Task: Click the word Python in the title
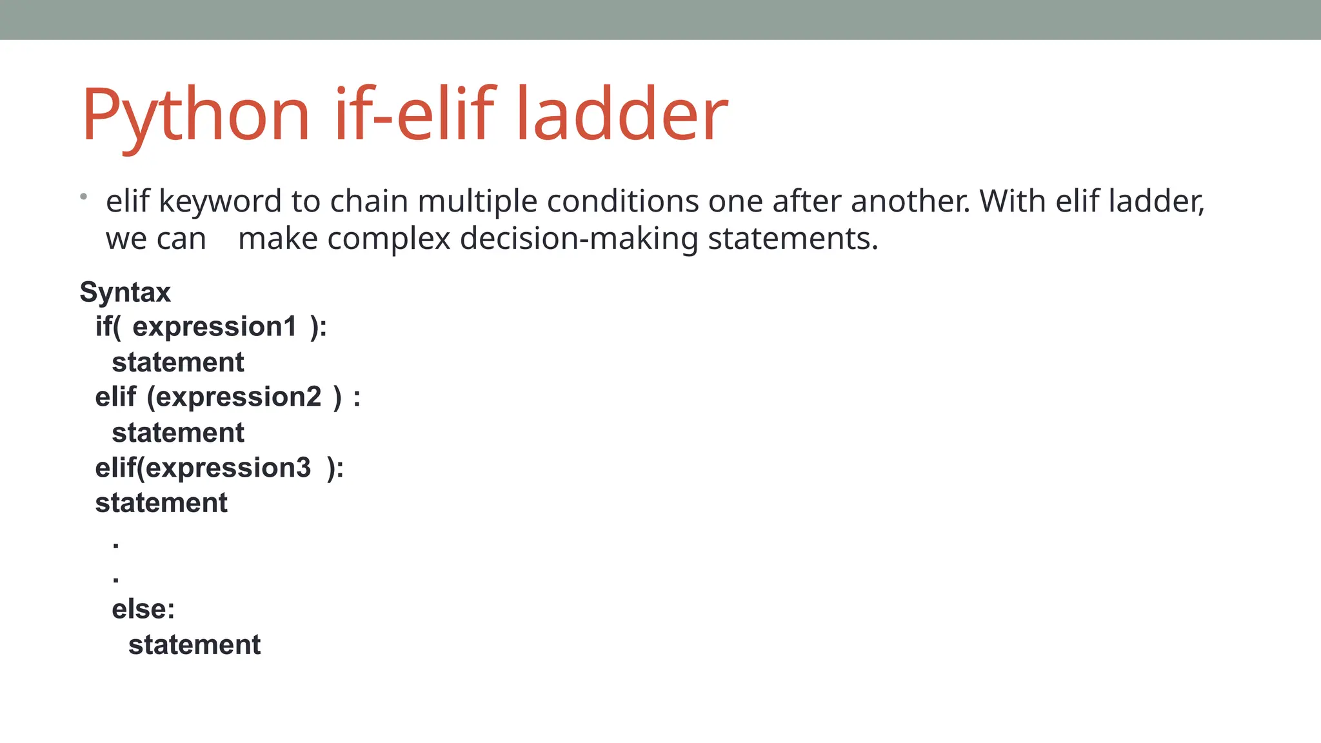coord(195,115)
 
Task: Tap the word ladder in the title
coord(622,115)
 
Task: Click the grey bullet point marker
coord(84,196)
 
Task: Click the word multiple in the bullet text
coord(477,201)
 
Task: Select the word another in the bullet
coord(909,201)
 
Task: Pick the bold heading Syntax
coord(125,292)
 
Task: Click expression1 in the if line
coord(215,327)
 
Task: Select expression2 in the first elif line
coord(238,397)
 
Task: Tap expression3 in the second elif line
coord(228,468)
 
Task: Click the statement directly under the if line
coord(178,362)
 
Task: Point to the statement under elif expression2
coord(178,433)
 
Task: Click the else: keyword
coord(143,609)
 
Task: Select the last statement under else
coord(194,645)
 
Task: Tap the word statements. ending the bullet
coord(793,239)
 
